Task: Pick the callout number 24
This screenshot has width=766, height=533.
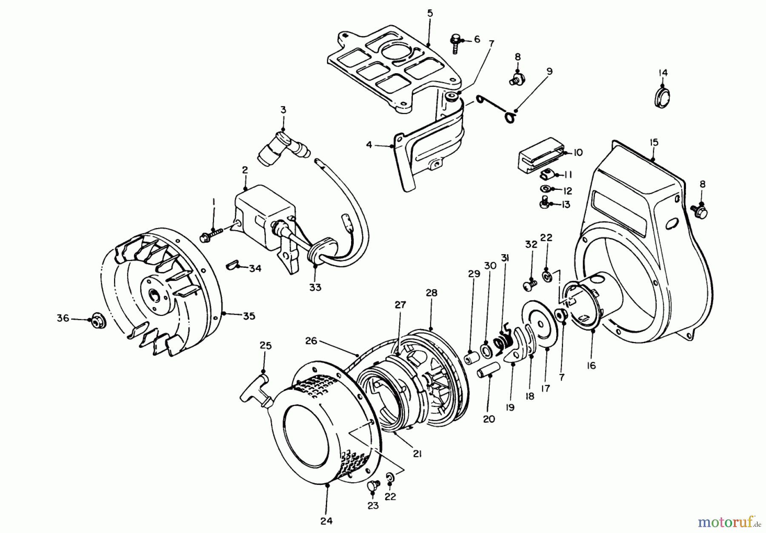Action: point(326,520)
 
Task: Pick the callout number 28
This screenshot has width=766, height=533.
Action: point(431,293)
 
